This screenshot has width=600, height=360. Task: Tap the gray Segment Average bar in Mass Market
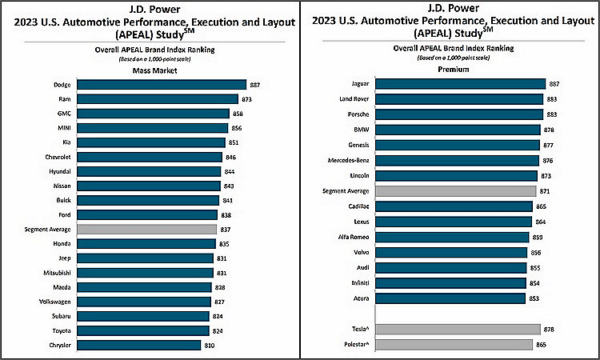click(148, 229)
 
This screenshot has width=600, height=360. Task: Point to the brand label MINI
click(66, 128)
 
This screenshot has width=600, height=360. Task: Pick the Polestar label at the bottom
click(356, 344)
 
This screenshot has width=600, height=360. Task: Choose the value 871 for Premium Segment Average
click(546, 191)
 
